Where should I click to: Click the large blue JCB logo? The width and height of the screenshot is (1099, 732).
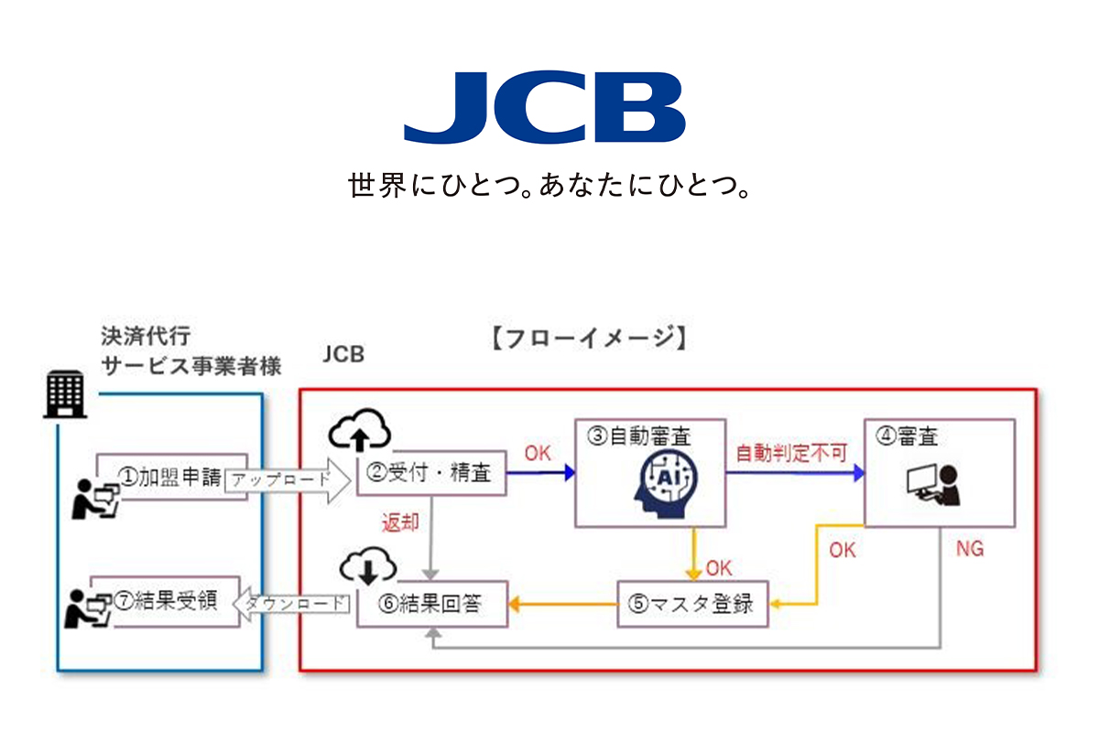(x=544, y=108)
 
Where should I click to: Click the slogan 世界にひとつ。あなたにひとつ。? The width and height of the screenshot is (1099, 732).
(x=549, y=187)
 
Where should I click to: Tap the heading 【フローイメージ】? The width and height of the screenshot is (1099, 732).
(x=585, y=339)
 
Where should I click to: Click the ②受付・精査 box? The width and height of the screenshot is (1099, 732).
(x=430, y=474)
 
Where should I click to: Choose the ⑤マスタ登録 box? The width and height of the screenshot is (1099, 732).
(x=692, y=604)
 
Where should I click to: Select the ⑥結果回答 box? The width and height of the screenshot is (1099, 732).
(x=432, y=604)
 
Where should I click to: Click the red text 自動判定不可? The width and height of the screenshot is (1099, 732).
(x=792, y=452)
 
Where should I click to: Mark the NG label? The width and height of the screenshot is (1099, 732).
(x=970, y=549)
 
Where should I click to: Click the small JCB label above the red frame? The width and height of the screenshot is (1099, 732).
(x=343, y=354)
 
